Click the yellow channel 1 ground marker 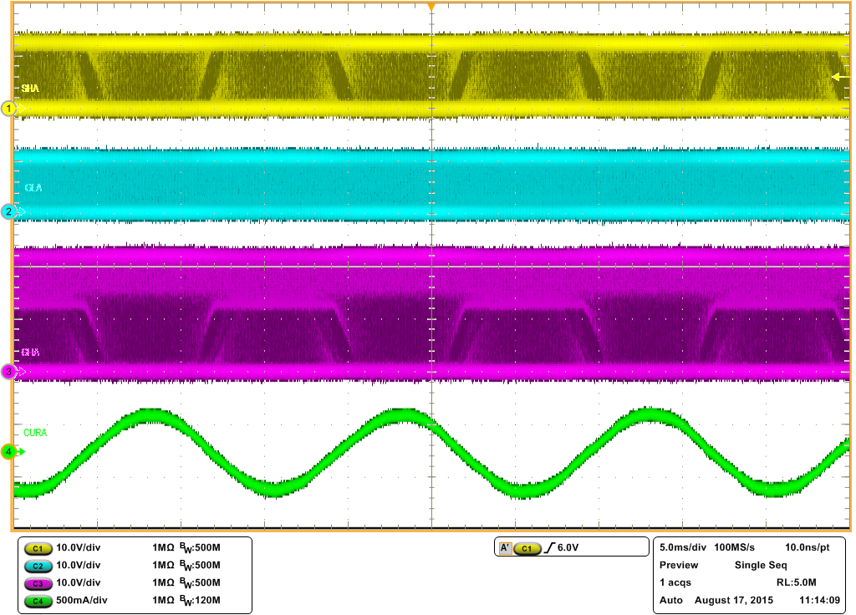pos(9,109)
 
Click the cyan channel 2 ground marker pos(9,211)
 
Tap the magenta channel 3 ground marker pos(9,372)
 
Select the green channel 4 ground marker pos(9,452)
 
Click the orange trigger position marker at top pos(431,7)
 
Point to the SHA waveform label pos(30,88)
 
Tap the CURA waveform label pos(36,433)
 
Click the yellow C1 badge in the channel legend pos(36,548)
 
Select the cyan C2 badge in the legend pos(36,566)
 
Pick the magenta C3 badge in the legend pos(36,582)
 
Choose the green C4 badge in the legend pos(36,600)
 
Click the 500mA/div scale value pos(82,600)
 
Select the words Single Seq pos(761,565)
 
